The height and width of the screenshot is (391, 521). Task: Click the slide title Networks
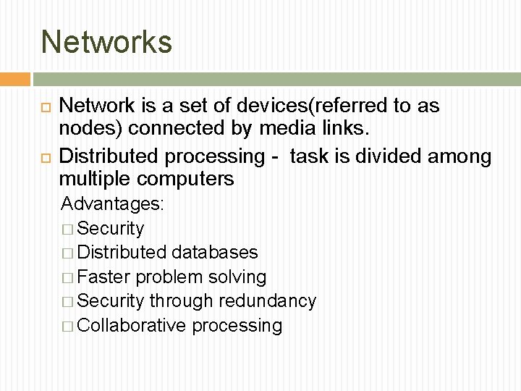point(106,41)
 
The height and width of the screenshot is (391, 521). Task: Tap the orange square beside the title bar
point(14,79)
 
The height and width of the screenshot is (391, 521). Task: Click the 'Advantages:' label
point(113,203)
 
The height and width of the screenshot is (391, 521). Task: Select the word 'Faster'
point(103,277)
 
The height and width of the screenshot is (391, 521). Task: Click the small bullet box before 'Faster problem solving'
point(67,277)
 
